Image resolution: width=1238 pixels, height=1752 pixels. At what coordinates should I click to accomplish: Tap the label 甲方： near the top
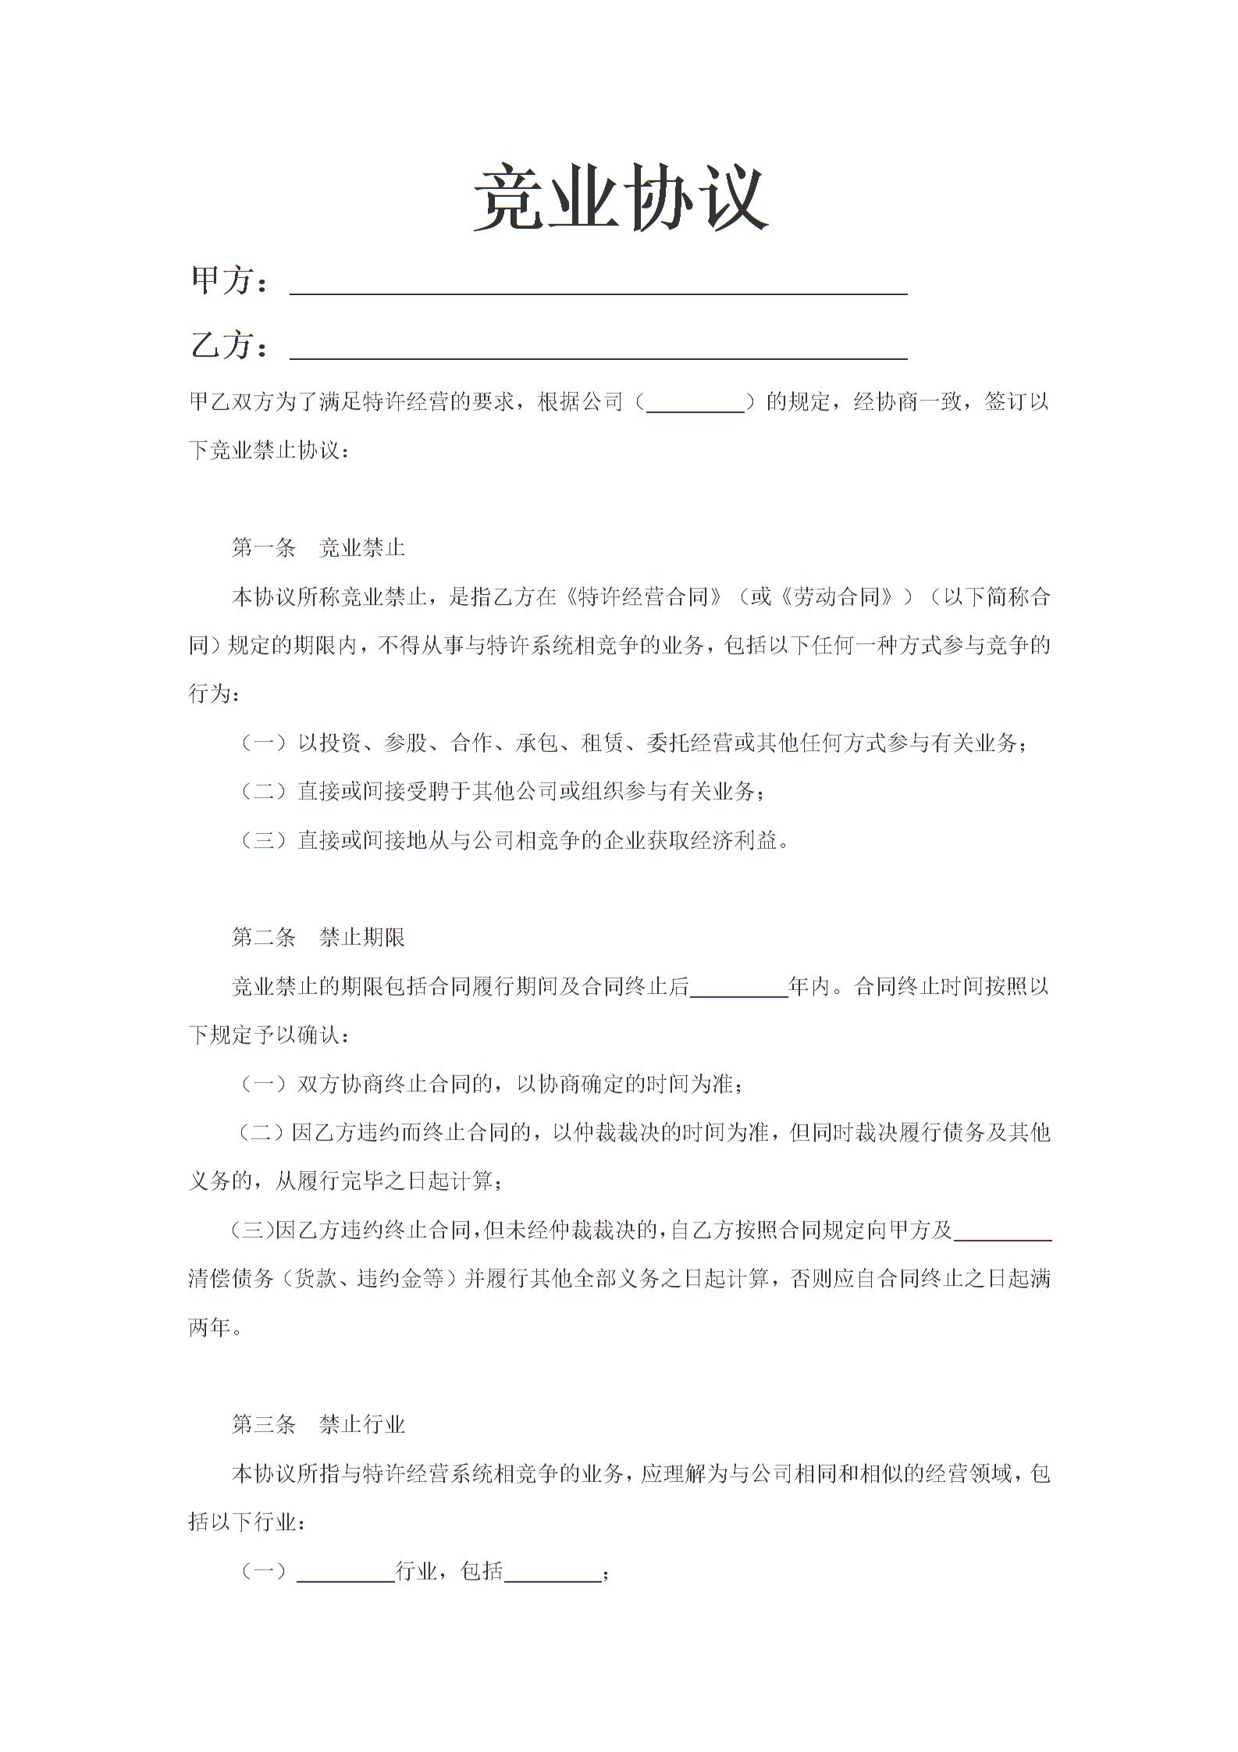pyautogui.click(x=229, y=281)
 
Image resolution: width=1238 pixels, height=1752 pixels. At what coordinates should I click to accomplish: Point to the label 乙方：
pyautogui.click(x=229, y=346)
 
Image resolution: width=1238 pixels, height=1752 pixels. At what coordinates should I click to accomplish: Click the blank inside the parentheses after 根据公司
pyautogui.click(x=695, y=403)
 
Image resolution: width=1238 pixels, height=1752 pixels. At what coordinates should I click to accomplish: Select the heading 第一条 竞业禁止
pyautogui.click(x=318, y=548)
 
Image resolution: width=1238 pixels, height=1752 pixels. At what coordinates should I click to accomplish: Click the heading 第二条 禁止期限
pyautogui.click(x=318, y=937)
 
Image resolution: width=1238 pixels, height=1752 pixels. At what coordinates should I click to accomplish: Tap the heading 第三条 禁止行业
pyautogui.click(x=318, y=1425)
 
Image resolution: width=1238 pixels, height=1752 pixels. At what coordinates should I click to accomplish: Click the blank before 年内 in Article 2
pyautogui.click(x=739, y=987)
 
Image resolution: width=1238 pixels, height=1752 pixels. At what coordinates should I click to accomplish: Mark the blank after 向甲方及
pyautogui.click(x=1003, y=1230)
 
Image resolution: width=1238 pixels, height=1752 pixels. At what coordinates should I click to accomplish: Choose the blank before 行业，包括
pyautogui.click(x=346, y=1571)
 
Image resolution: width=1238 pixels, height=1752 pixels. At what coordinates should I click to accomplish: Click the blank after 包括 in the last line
pyautogui.click(x=553, y=1571)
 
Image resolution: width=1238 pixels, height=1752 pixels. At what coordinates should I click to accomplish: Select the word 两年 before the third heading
pyautogui.click(x=210, y=1327)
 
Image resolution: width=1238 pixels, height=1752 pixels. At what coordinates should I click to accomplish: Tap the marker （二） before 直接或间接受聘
pyautogui.click(x=263, y=792)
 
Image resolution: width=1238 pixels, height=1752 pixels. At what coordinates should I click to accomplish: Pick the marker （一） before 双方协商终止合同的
pyautogui.click(x=263, y=1084)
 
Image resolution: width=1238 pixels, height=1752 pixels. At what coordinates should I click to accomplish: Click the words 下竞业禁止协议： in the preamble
pyautogui.click(x=270, y=451)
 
